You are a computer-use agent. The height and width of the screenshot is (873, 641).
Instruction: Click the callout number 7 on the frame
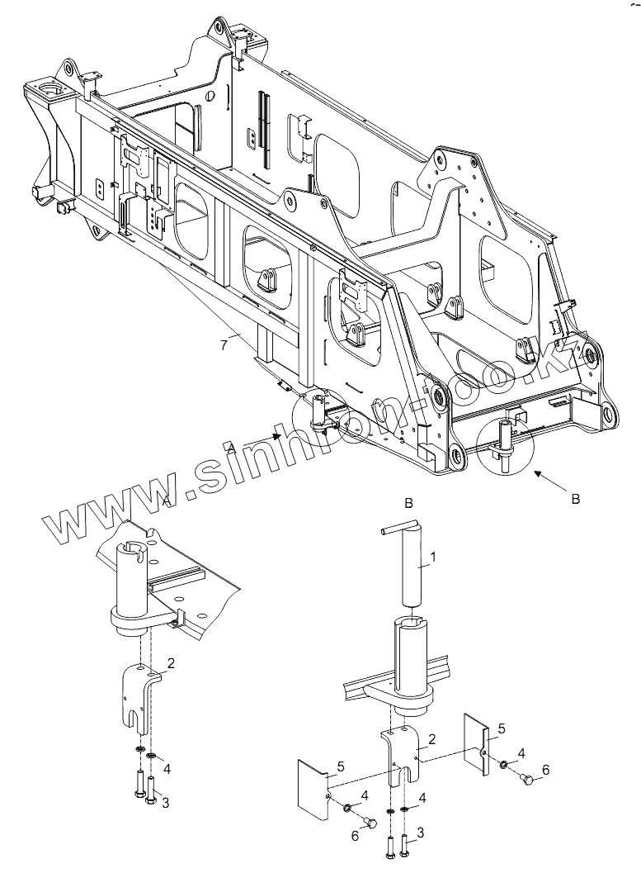click(224, 345)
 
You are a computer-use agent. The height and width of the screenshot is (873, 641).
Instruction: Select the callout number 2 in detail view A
click(169, 663)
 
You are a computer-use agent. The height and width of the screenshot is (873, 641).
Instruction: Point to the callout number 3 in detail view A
click(166, 802)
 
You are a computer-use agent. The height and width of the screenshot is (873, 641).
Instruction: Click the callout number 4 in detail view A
click(167, 769)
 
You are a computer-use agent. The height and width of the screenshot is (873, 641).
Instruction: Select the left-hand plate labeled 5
click(312, 785)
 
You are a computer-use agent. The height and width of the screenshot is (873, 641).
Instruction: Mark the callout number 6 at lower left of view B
click(355, 836)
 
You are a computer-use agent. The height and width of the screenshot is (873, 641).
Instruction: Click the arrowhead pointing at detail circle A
click(280, 435)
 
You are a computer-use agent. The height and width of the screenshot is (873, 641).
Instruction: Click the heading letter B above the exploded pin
click(408, 502)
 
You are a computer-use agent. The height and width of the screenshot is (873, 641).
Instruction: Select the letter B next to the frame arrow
click(576, 499)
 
